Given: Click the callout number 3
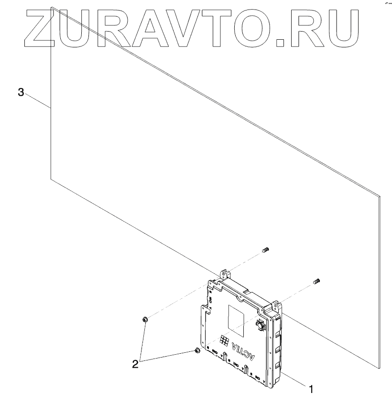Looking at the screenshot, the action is pyautogui.click(x=21, y=92).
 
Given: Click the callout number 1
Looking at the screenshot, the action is pyautogui.click(x=311, y=389).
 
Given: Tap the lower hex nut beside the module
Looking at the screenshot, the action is pyautogui.click(x=196, y=352).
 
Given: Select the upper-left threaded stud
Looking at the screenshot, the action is pyautogui.click(x=267, y=249).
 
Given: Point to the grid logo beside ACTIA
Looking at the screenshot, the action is pyautogui.click(x=223, y=339).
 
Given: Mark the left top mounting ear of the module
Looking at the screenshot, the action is pyautogui.click(x=225, y=275).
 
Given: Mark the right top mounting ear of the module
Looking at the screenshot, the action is pyautogui.click(x=276, y=304).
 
